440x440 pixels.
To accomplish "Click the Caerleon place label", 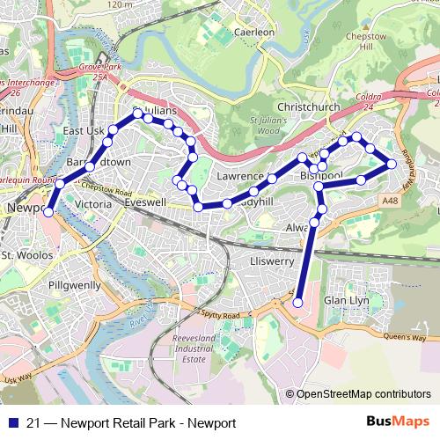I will click(254, 32).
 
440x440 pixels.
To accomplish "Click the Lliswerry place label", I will click(271, 262).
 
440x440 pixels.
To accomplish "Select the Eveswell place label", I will click(145, 202).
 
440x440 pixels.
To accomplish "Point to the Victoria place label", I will click(94, 204).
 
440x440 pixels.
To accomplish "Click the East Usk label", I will click(84, 131).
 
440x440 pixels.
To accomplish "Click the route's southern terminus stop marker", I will click(297, 303).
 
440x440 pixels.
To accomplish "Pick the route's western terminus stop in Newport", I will click(48, 211).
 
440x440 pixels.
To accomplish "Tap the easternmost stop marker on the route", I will click(392, 164).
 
